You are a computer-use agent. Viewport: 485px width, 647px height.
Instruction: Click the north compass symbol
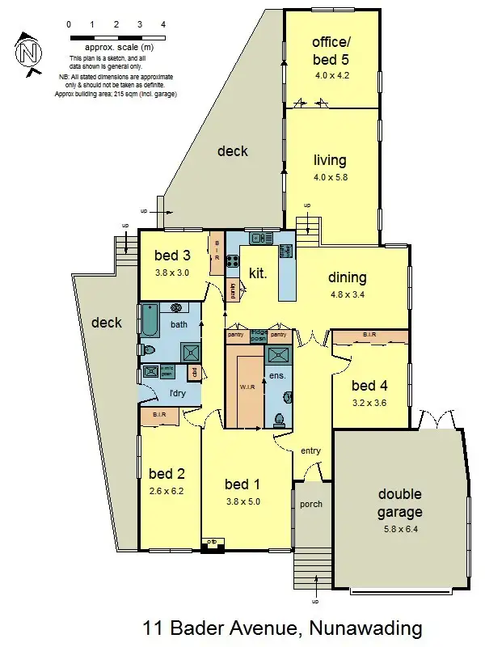tap(29, 53)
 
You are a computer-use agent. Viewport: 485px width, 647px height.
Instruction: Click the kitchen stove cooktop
tap(233, 261)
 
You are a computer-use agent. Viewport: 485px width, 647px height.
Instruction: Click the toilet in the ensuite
tap(279, 419)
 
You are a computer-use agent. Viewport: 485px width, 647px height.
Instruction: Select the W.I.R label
tap(247, 387)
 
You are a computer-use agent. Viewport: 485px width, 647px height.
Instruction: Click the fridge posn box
tap(259, 336)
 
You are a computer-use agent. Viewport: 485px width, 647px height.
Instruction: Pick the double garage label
tap(399, 503)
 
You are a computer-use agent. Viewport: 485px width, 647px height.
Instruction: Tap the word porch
tap(311, 504)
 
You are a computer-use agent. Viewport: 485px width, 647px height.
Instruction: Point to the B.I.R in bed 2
tap(160, 416)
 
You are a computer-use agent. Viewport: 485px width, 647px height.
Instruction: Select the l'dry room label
tap(178, 394)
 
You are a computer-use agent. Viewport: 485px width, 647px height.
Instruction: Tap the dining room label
tap(348, 277)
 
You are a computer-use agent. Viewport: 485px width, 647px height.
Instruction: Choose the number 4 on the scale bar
tap(163, 25)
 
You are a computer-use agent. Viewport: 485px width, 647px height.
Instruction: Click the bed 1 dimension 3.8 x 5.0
tap(242, 500)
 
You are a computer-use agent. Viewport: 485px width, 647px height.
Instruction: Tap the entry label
tap(310, 451)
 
